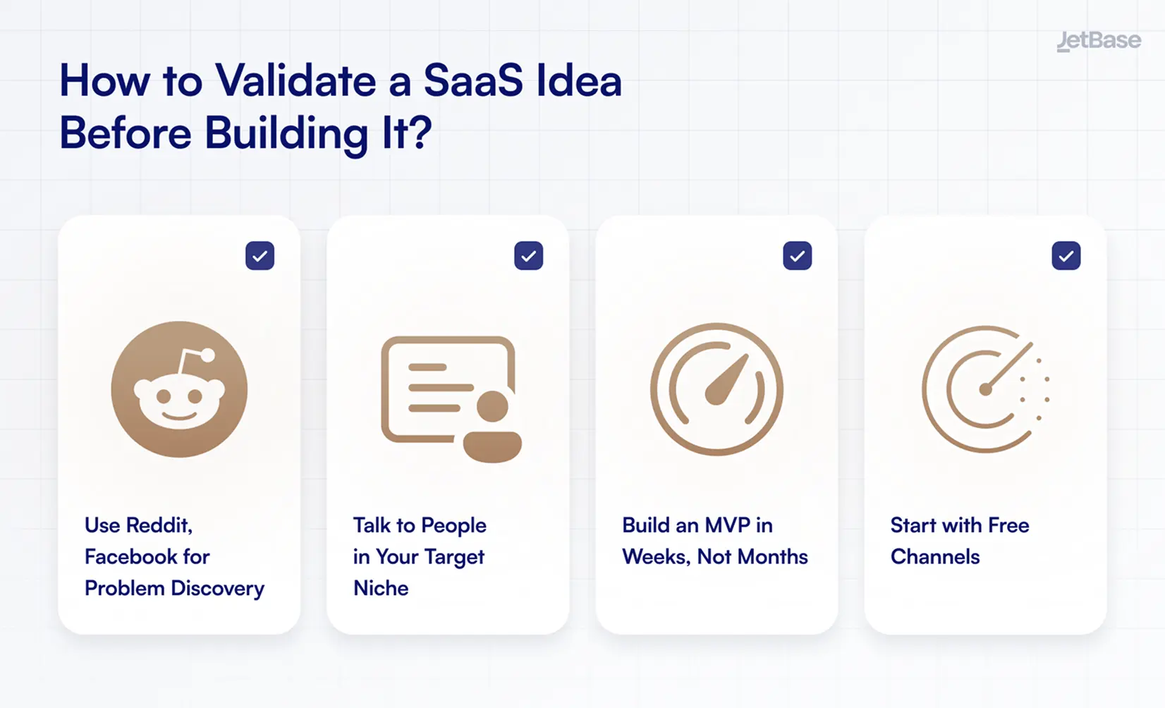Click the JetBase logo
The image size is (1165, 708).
coord(1098,41)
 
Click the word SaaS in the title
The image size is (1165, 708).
coord(472,80)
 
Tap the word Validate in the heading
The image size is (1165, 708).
coord(296,80)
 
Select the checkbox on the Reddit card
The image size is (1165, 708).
coord(260,256)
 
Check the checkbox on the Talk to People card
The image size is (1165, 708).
coord(528,256)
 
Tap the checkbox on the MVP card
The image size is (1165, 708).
coord(797,256)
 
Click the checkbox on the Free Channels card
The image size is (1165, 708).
coord(1066,256)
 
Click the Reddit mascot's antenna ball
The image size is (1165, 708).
coord(208,355)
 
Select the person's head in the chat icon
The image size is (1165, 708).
coord(492,407)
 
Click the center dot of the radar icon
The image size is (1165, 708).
coord(985,389)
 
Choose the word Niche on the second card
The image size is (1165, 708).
coord(381,588)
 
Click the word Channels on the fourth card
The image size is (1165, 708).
coord(935,556)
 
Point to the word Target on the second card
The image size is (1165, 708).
coord(454,557)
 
